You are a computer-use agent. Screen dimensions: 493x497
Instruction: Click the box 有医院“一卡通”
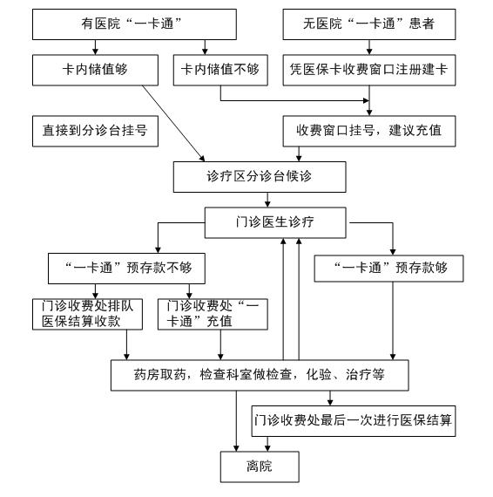[134, 24]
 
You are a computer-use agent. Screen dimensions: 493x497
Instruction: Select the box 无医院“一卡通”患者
[369, 24]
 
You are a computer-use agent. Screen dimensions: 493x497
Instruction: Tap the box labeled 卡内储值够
[95, 70]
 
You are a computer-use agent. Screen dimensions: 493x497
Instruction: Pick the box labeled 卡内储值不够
[220, 70]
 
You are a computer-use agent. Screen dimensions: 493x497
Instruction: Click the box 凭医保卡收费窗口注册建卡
[369, 70]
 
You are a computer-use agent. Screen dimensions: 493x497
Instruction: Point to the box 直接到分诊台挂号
[95, 131]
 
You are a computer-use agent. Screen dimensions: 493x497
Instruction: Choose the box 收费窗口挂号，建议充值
[369, 131]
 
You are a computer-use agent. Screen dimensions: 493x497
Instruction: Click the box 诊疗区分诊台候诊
[260, 177]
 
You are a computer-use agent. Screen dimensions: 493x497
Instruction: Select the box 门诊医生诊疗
[275, 222]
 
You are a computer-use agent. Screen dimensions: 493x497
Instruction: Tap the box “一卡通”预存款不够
[126, 269]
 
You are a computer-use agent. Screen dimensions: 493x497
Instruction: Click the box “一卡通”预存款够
[388, 269]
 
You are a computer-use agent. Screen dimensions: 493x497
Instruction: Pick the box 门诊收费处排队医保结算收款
[87, 314]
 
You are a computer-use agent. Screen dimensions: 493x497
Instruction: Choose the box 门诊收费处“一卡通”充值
[213, 314]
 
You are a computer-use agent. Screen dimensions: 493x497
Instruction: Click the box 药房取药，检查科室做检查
[260, 375]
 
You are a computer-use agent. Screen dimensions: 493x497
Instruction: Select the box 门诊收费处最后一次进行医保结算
[354, 421]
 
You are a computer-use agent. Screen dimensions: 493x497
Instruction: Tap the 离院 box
[260, 466]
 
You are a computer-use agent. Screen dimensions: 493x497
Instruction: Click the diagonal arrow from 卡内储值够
[173, 123]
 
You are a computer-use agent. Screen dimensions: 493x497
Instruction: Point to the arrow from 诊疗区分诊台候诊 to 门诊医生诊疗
[267, 200]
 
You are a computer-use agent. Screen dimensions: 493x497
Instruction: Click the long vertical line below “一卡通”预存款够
[393, 321]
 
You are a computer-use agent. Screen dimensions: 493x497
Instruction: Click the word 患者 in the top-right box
[422, 24]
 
